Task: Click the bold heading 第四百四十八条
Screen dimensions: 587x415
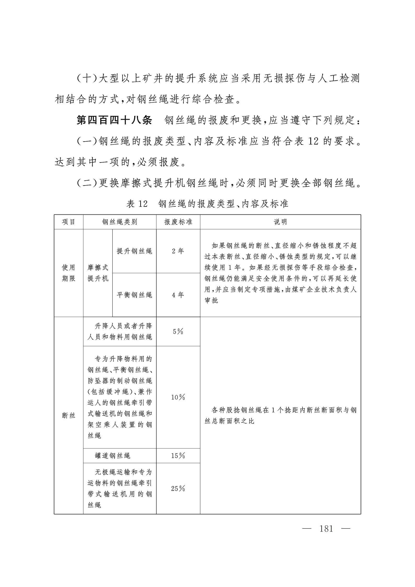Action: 114,121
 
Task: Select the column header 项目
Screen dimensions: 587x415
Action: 69,222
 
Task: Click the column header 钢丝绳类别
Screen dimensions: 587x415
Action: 120,222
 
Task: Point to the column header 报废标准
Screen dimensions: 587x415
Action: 178,222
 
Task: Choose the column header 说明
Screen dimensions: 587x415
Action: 280,222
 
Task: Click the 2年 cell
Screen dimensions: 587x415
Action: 178,251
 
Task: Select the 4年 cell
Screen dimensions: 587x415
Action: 178,295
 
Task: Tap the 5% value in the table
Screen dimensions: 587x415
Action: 178,332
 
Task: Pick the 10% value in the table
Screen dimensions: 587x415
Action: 178,397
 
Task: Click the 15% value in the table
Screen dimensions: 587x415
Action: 178,456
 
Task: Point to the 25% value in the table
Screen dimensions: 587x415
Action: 178,488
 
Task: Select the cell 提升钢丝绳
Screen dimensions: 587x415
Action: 134,251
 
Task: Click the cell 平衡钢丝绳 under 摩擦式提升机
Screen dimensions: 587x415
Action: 134,295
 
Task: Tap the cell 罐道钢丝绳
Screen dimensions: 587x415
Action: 112,456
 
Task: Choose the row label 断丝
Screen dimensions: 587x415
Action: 69,415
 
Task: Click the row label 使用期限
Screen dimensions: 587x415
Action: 69,273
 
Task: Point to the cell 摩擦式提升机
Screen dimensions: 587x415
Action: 98,273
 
